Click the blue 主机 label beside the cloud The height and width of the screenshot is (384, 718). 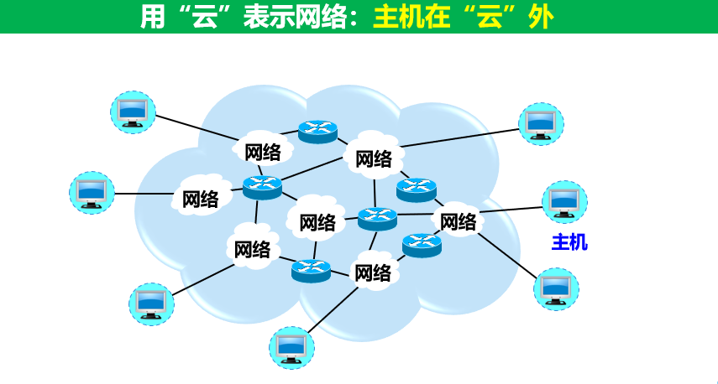569,243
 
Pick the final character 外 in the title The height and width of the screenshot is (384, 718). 540,18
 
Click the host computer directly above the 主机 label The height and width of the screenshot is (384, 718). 564,200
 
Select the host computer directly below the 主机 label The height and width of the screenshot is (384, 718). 555,288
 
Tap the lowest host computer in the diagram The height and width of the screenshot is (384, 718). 290,346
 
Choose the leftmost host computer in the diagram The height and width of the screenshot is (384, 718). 91,191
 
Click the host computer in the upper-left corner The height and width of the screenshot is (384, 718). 133,112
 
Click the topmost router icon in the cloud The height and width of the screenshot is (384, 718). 317,131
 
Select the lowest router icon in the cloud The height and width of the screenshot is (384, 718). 312,270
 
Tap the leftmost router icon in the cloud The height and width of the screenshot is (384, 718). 262,186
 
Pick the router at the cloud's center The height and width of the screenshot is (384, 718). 376,218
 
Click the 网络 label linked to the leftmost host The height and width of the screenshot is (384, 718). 200,199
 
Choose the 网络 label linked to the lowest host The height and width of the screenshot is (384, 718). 373,272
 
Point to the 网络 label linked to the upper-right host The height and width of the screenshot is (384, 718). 374,158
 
